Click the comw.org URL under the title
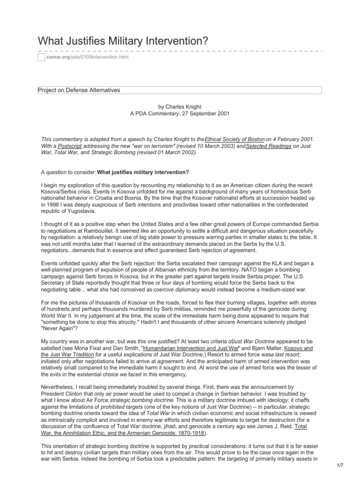86,57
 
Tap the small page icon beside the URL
41,57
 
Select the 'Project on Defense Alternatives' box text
79,90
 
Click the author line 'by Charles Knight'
180,107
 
